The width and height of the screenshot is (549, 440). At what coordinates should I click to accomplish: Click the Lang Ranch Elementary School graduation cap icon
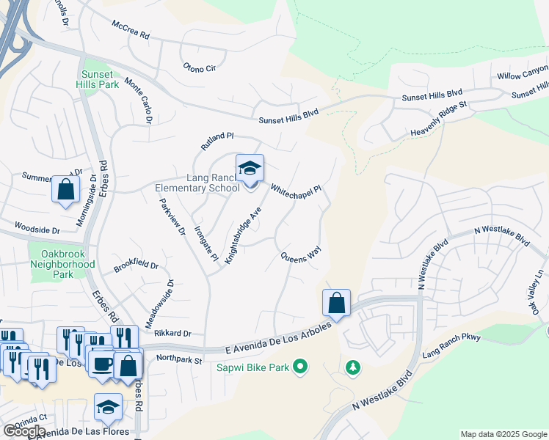click(250, 169)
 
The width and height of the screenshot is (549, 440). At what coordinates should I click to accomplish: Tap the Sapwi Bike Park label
click(252, 365)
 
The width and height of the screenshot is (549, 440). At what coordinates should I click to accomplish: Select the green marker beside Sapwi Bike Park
click(300, 365)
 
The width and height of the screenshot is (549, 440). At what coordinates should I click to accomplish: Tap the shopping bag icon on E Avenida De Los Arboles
click(336, 303)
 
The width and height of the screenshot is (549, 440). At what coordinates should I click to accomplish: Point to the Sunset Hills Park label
click(97, 79)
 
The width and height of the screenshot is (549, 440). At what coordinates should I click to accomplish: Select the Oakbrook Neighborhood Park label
click(62, 264)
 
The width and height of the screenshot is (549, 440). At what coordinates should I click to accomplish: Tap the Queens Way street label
click(301, 256)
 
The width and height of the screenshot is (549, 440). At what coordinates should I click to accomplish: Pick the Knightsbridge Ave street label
click(244, 235)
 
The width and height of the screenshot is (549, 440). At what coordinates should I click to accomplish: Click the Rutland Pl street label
click(217, 141)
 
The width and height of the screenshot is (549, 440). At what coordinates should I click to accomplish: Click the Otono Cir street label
click(199, 68)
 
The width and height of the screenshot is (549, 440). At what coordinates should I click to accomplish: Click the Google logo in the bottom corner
click(24, 431)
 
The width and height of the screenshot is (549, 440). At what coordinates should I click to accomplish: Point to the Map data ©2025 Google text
click(503, 434)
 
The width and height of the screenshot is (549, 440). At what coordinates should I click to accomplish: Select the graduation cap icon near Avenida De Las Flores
click(108, 407)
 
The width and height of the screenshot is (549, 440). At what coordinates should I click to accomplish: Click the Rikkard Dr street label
click(172, 333)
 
